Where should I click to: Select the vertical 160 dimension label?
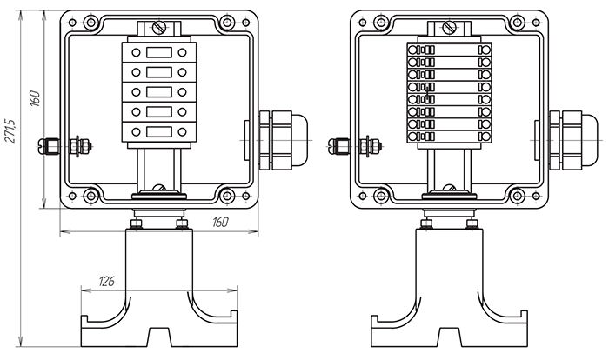35,98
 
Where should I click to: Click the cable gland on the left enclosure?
283,140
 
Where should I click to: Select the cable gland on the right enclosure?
573,140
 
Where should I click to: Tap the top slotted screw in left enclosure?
159,27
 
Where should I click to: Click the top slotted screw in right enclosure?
450,27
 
